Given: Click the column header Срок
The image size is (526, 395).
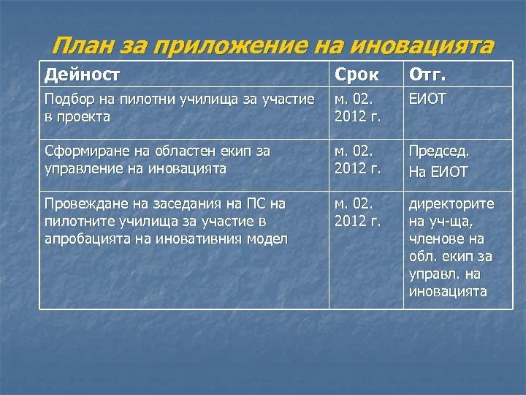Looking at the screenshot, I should tap(359, 74).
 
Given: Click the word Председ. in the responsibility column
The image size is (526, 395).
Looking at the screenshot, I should tap(438, 151).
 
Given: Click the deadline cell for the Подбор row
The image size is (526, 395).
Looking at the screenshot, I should tap(358, 107).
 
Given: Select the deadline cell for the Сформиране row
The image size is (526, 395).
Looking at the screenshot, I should tap(358, 160).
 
